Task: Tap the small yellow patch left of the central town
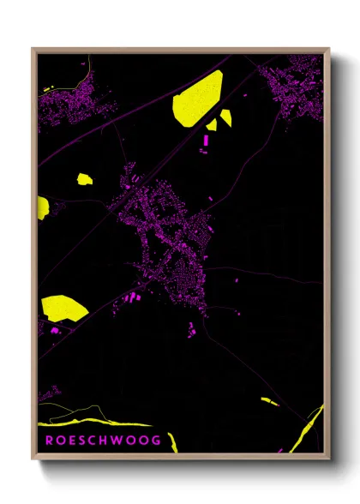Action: [x=84, y=179]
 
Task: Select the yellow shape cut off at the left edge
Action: [x=42, y=207]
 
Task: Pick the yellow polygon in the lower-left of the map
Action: [x=63, y=306]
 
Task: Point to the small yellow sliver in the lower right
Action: [x=268, y=400]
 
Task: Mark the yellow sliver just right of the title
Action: [x=172, y=442]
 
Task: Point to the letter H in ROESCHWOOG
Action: [x=103, y=441]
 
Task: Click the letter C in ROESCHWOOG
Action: [x=90, y=441]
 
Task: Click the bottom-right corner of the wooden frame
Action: [x=328, y=459]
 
